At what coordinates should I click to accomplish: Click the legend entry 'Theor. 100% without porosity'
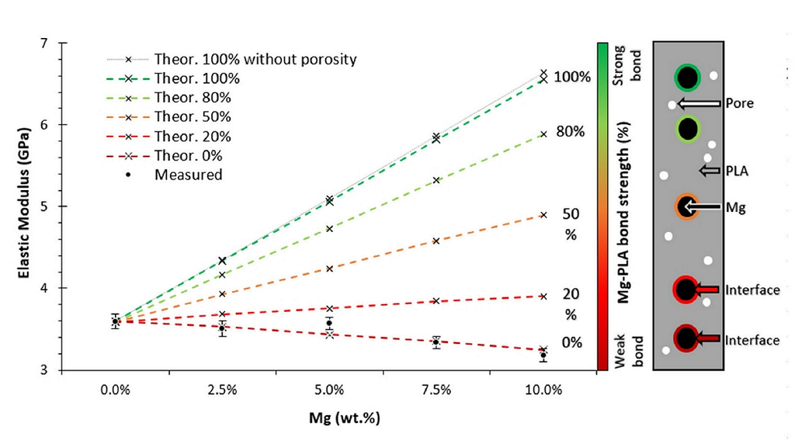(x=255, y=59)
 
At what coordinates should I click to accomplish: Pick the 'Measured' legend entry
(x=188, y=175)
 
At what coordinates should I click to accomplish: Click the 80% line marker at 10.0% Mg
(x=543, y=133)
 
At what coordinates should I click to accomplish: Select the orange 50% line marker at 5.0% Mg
(x=330, y=269)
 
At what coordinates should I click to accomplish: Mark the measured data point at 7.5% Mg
(x=436, y=342)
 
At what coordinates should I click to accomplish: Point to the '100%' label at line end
(x=574, y=77)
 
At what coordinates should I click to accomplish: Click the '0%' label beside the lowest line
(x=571, y=342)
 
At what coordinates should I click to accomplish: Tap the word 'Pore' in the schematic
(x=739, y=103)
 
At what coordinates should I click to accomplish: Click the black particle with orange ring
(x=686, y=207)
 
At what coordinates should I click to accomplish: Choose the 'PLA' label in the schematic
(x=738, y=170)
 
